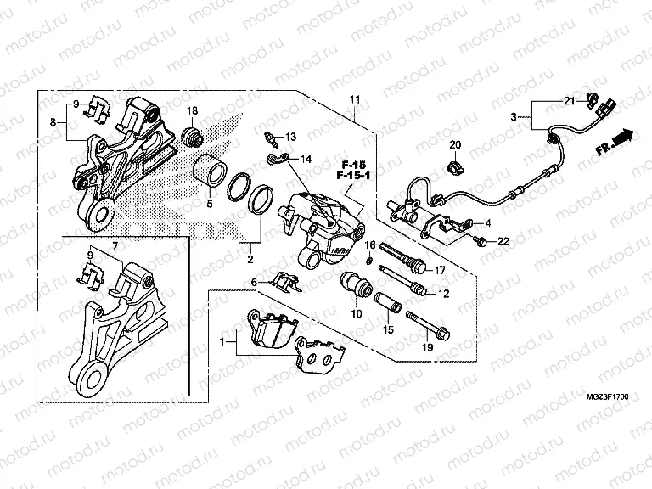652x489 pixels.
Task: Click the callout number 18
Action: (192, 111)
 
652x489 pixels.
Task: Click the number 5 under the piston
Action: (210, 205)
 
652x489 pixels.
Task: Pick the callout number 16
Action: (370, 245)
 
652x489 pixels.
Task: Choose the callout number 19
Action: (426, 348)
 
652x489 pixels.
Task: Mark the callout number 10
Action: (356, 314)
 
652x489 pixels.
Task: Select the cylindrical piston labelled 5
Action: (209, 171)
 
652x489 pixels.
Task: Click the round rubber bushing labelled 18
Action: (194, 136)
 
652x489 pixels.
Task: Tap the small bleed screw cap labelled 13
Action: (270, 136)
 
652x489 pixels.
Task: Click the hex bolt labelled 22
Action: (482, 242)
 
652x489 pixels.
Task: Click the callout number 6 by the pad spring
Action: (253, 283)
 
